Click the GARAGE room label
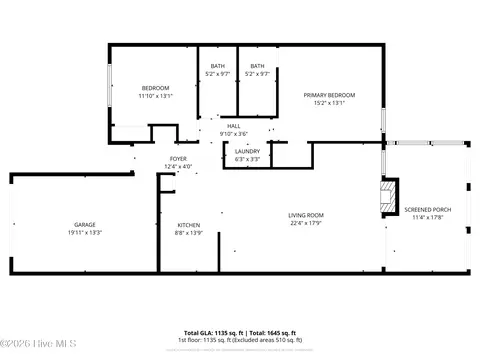click(x=84, y=224)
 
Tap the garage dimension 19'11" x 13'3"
click(x=84, y=232)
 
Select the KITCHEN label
click(x=189, y=224)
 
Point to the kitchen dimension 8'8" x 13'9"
click(x=189, y=232)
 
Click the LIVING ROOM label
click(x=306, y=215)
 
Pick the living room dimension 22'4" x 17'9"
click(x=306, y=223)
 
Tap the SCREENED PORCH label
click(x=427, y=209)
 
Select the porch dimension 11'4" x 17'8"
click(x=427, y=217)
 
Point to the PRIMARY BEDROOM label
click(x=329, y=94)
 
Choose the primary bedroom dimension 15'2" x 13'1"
click(x=329, y=102)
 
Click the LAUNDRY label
click(x=247, y=151)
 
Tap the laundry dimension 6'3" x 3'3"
click(x=247, y=159)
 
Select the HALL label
click(x=233, y=125)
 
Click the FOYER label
click(x=178, y=158)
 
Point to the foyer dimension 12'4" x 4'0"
click(x=178, y=166)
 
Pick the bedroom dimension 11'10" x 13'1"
click(x=155, y=96)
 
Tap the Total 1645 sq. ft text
click(x=272, y=332)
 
